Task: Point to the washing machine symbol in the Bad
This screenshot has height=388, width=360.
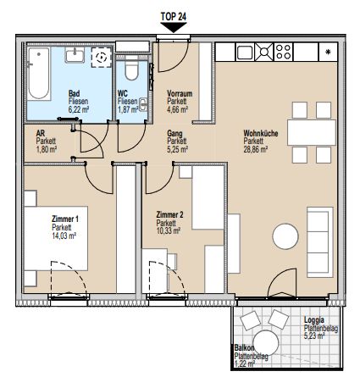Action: point(102,58)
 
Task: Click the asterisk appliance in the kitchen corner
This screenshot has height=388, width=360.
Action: point(329,53)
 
